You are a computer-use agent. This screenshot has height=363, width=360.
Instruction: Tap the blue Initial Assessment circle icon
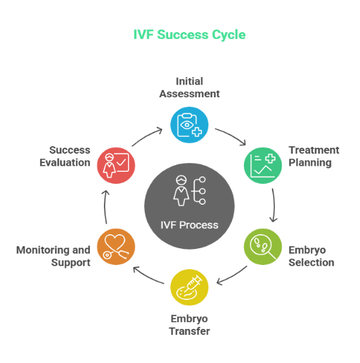[189, 125]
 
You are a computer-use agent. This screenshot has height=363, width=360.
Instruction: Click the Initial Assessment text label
[189, 88]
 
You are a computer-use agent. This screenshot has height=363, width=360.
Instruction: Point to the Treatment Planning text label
[313, 156]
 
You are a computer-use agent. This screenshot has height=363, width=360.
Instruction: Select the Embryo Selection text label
[311, 256]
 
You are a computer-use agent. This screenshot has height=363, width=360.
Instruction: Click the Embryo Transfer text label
[190, 325]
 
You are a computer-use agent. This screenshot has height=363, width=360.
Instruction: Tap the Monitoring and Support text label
[54, 256]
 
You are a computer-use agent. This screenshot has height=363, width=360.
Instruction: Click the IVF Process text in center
[189, 225]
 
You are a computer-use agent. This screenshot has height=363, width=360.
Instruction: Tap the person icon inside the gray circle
[180, 191]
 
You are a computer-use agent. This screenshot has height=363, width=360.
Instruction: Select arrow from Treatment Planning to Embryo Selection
[273, 205]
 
